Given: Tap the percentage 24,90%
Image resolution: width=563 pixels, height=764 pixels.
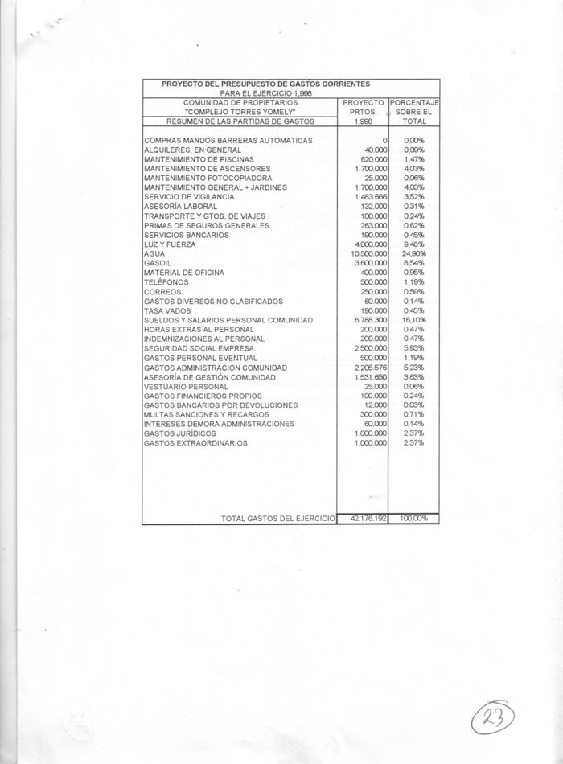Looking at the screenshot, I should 413,254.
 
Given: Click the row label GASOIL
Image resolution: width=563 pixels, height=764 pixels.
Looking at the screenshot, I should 156,263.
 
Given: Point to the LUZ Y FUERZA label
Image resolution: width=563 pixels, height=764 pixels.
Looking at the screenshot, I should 166,244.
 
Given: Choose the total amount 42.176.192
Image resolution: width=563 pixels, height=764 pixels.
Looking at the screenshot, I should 364,519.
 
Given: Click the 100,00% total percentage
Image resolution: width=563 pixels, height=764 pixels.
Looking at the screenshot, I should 413,519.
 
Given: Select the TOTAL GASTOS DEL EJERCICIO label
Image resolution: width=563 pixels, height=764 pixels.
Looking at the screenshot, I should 277,519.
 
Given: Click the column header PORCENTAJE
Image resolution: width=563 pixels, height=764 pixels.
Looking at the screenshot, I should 413,103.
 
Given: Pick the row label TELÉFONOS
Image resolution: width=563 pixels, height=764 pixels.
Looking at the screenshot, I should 162,282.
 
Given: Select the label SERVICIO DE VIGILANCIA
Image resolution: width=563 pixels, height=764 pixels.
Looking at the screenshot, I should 189,197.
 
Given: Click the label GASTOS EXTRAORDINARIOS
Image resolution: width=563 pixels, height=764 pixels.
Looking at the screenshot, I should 195,443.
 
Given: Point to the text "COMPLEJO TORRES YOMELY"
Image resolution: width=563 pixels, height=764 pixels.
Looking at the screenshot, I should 240,112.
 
